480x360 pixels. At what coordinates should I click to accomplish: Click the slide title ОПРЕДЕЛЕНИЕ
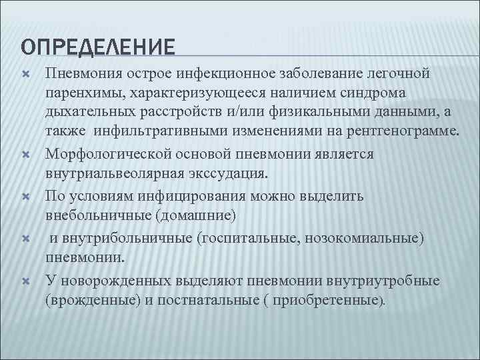pyautogui.click(x=98, y=47)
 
